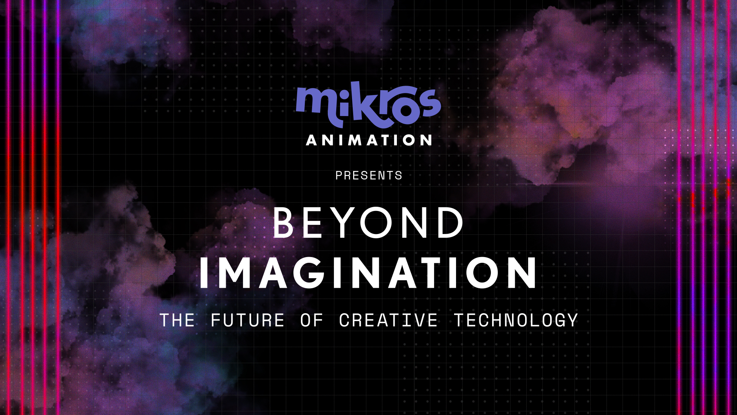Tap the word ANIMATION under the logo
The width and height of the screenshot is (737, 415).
pos(369,140)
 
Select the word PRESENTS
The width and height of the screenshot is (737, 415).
pos(368,176)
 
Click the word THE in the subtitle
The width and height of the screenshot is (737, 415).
pos(177,320)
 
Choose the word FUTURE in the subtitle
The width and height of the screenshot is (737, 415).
pos(248,320)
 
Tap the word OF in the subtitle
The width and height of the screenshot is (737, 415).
pos(312,320)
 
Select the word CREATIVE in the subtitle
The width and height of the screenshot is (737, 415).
pos(388,320)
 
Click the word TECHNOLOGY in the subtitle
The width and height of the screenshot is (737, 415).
pos(516,320)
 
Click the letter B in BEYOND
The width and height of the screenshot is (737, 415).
pos(283,222)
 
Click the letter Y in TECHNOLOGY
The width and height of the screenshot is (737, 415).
pos(572,320)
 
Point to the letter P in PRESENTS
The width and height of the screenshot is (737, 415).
pos(339,176)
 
